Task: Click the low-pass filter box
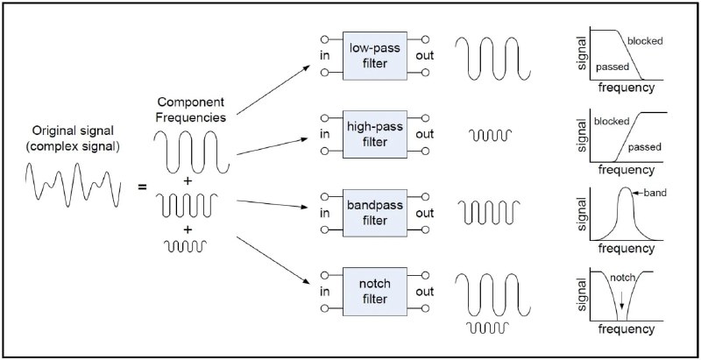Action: pyautogui.click(x=375, y=56)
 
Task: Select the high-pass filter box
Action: pyautogui.click(x=375, y=134)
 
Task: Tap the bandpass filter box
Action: pyautogui.click(x=375, y=213)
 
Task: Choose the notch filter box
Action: pyautogui.click(x=375, y=291)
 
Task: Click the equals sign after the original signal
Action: pyautogui.click(x=142, y=187)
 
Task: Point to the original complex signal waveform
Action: pyautogui.click(x=74, y=185)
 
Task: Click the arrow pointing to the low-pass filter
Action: pyautogui.click(x=273, y=89)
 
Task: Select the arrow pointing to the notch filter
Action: pyautogui.click(x=273, y=260)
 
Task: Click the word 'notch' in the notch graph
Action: pyautogui.click(x=622, y=278)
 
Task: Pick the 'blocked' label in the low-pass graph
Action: pyautogui.click(x=645, y=41)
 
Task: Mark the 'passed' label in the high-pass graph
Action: pyautogui.click(x=644, y=147)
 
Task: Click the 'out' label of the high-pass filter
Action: pyautogui.click(x=424, y=134)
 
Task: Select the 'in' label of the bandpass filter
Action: pyautogui.click(x=325, y=213)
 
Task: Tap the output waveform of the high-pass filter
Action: pyautogui.click(x=490, y=135)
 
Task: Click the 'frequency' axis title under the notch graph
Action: pyautogui.click(x=626, y=329)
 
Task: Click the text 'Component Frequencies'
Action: pyautogui.click(x=191, y=109)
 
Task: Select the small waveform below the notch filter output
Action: pyautogui.click(x=487, y=328)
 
